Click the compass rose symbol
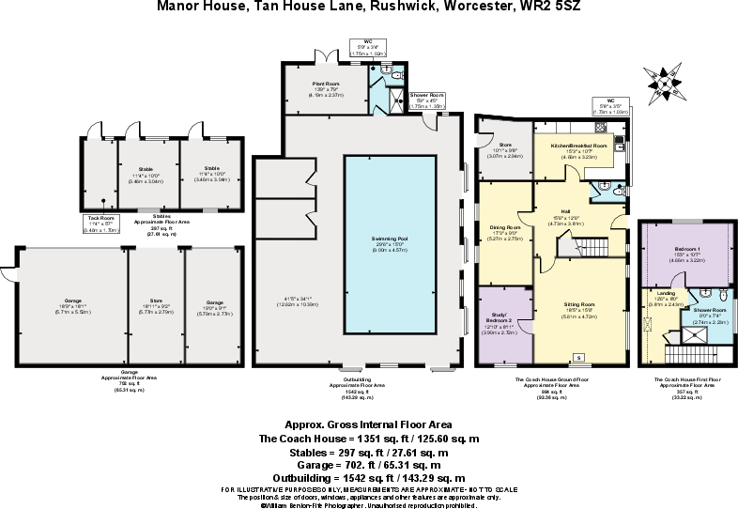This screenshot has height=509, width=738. coord(665,83)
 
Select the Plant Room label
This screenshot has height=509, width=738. coord(326,84)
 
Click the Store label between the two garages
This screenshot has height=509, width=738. coord(156,301)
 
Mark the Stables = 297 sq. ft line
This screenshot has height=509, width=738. coord(368,452)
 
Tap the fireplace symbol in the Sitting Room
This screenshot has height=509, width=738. coord(577,356)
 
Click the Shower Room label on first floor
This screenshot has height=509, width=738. coord(711,310)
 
